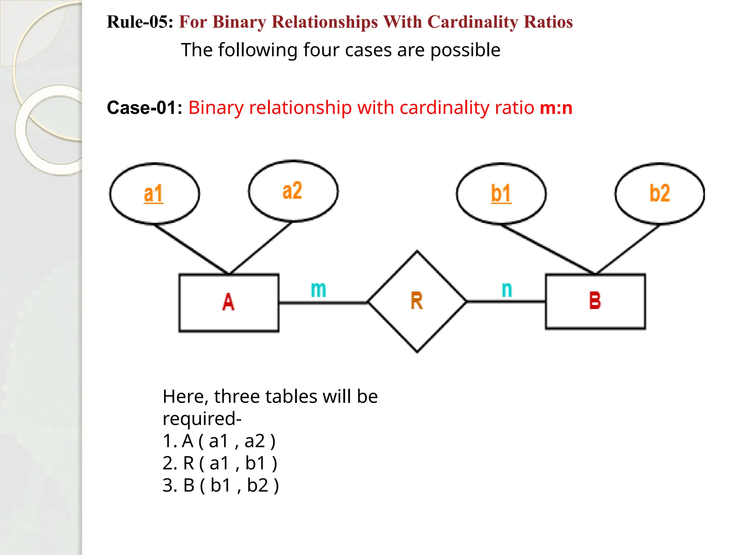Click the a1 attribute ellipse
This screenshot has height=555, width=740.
click(154, 194)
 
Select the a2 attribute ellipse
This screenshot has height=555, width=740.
click(293, 191)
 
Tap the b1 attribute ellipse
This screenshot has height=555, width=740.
click(501, 194)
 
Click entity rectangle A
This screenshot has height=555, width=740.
click(229, 302)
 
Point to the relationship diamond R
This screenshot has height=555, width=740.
click(417, 301)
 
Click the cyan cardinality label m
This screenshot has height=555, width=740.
click(318, 289)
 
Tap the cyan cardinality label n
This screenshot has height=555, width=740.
click(507, 289)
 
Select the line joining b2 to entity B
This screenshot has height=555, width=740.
click(628, 249)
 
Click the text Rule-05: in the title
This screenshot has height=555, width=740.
click(140, 22)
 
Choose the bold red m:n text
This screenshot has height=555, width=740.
click(556, 108)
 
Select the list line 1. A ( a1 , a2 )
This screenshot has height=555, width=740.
click(219, 441)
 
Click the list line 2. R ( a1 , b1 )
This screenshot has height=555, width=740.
click(220, 463)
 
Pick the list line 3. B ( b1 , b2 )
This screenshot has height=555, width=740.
click(220, 485)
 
